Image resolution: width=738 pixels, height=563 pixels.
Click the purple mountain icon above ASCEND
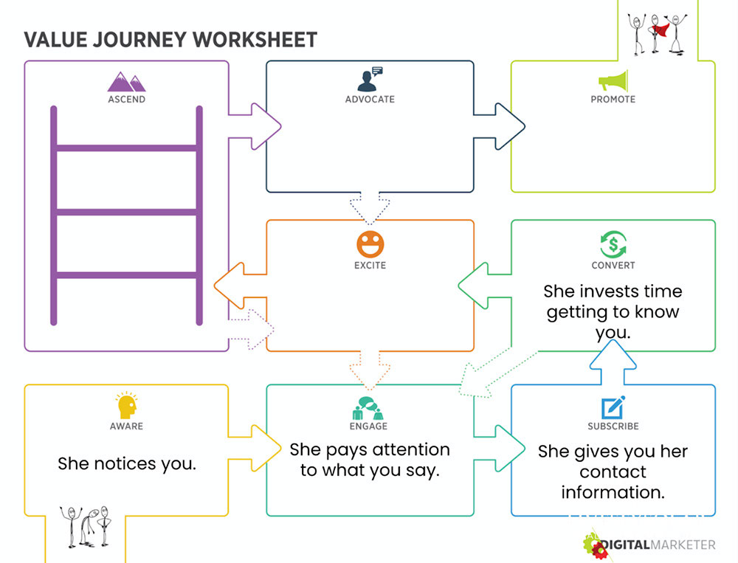click(x=127, y=80)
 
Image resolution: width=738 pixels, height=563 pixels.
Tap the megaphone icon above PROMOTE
click(x=613, y=80)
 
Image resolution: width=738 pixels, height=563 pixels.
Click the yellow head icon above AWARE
click(x=126, y=405)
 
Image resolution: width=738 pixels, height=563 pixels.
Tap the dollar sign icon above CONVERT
click(x=613, y=244)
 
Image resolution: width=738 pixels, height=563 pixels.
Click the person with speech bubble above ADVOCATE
click(x=370, y=78)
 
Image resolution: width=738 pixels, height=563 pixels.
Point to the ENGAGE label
click(x=369, y=426)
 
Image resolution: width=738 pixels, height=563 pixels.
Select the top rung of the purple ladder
click(x=126, y=148)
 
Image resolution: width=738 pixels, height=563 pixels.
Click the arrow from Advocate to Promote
click(x=502, y=125)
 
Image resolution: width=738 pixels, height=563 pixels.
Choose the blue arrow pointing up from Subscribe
click(x=613, y=362)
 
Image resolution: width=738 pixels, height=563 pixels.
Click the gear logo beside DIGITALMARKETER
click(x=595, y=546)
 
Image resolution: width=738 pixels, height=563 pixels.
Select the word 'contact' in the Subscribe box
click(x=613, y=472)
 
